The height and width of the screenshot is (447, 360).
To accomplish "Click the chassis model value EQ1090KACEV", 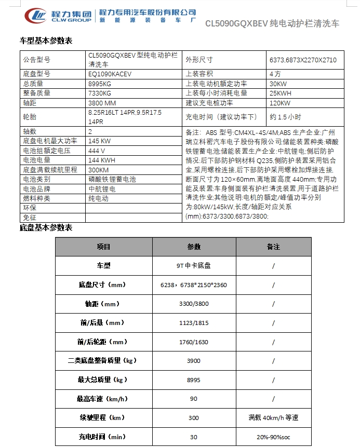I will coord(110,74).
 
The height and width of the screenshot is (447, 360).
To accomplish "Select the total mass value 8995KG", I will coord(100,83).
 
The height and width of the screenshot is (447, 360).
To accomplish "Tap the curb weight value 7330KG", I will coord(100,93).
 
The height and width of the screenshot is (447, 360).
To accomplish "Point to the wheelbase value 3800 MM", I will coord(102,103).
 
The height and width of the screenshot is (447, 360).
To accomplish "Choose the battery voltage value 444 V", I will coord(97,151).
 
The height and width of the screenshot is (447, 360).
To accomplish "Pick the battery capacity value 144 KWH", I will coord(101,160).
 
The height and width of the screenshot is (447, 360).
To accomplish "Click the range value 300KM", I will coord(99,170).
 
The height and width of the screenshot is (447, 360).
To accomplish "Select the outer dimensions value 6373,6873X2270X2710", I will coord(303,60).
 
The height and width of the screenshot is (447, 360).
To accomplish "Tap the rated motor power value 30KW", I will coord(278,84).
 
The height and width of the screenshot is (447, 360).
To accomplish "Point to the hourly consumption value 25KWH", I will coord(281,93).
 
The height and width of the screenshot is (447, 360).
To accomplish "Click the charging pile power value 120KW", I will coord(279,103).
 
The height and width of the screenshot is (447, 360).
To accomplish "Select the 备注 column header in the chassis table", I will coord(273,247).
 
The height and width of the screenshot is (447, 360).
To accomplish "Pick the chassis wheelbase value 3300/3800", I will coord(194,303).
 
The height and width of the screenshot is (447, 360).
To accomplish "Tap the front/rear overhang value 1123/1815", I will coord(194,322).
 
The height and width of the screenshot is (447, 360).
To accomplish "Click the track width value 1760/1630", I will coord(194,342).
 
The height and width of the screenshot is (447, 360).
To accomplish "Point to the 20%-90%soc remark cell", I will coord(273,437).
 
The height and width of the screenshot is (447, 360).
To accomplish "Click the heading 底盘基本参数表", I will coord(46,227).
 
